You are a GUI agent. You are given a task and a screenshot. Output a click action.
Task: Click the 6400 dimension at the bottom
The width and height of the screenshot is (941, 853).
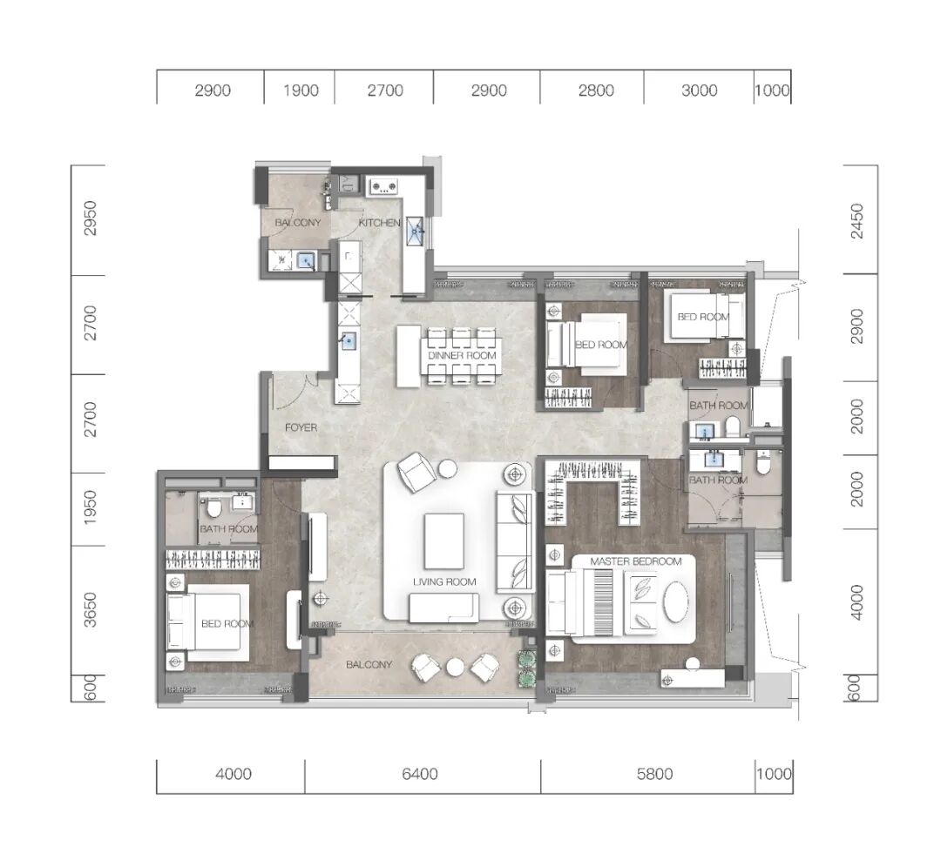(x=419, y=774)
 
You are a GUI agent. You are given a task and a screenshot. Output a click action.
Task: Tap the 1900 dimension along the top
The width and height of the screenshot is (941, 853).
(x=301, y=91)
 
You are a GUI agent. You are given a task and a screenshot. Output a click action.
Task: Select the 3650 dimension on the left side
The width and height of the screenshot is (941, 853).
(x=90, y=610)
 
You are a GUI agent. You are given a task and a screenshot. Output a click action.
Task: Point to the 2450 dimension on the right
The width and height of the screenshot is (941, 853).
(x=857, y=220)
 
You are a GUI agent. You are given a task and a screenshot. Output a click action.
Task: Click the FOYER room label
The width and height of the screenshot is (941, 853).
(x=301, y=427)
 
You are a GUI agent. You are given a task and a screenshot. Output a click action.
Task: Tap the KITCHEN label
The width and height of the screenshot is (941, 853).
(x=380, y=223)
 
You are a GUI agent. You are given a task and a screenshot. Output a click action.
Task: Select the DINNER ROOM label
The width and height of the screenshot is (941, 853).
(x=462, y=355)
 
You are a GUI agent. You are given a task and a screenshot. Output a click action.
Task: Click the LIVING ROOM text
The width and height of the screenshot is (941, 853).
(x=444, y=581)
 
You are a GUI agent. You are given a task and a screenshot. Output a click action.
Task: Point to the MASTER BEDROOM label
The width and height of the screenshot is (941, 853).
(x=636, y=561)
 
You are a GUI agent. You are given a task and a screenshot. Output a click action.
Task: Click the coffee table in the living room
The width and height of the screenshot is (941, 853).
(x=444, y=541)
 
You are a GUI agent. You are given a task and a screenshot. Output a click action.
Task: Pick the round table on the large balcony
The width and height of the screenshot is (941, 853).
(x=456, y=668)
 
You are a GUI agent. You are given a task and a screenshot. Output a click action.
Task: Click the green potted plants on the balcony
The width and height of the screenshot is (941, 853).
(x=527, y=668)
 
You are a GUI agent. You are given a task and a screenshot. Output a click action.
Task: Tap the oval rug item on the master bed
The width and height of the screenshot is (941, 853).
(x=676, y=602)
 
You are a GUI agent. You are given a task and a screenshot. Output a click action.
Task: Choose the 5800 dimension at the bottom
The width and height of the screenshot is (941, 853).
(x=654, y=774)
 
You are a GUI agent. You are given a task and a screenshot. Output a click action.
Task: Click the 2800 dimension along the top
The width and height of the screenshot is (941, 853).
(x=596, y=91)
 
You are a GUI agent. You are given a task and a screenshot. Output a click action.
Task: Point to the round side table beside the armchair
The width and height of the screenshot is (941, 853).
(x=448, y=468)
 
